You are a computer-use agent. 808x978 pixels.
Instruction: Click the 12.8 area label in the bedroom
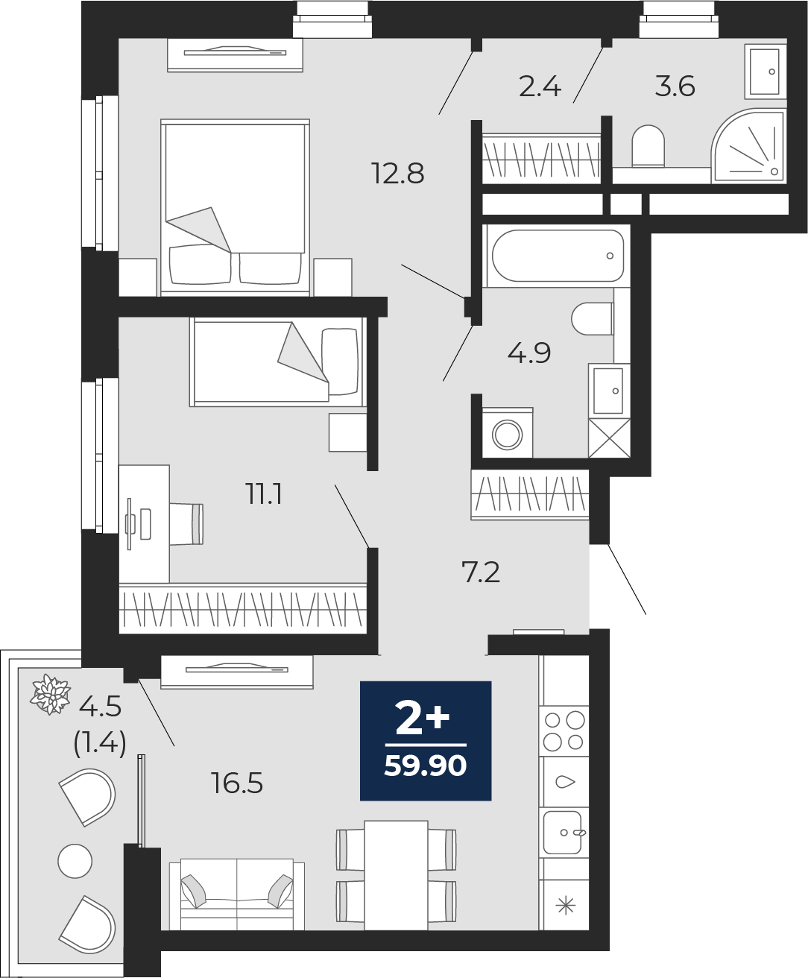pyautogui.click(x=398, y=173)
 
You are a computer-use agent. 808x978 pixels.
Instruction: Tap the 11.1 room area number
pyautogui.click(x=264, y=493)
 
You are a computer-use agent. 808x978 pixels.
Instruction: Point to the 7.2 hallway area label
pyautogui.click(x=481, y=572)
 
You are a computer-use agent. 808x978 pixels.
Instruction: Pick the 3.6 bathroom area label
pyautogui.click(x=675, y=86)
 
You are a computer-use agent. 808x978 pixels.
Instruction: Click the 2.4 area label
pyautogui.click(x=540, y=87)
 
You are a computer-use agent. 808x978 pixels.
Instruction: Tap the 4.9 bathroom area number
pyautogui.click(x=529, y=353)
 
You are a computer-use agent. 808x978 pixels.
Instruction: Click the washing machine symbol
pyautogui.click(x=508, y=433)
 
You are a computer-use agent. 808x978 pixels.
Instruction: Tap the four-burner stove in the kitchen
pyautogui.click(x=564, y=731)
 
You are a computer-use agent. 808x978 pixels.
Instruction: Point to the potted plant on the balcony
pyautogui.click(x=50, y=694)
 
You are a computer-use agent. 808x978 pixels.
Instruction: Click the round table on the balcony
pyautogui.click(x=75, y=861)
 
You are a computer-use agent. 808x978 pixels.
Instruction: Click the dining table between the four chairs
pyautogui.click(x=397, y=875)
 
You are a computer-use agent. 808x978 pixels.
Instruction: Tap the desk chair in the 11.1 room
pyautogui.click(x=186, y=523)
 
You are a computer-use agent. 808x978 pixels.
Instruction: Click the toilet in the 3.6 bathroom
pyautogui.click(x=648, y=145)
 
